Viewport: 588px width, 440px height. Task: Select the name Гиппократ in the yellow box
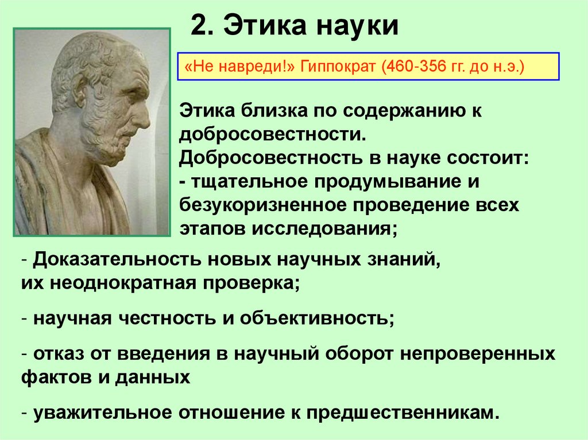click(x=330, y=68)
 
